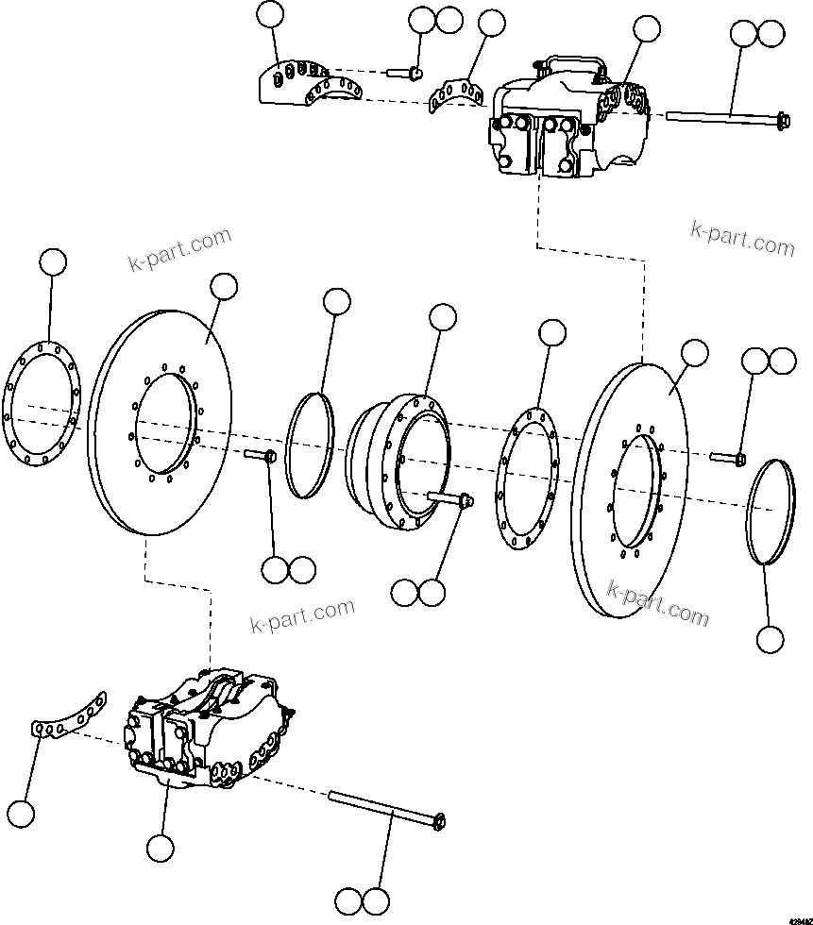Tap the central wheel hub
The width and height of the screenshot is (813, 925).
click(397, 462)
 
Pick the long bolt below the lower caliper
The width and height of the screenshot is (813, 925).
click(387, 811)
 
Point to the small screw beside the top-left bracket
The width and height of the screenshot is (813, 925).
click(404, 72)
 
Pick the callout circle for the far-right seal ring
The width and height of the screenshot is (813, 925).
click(770, 639)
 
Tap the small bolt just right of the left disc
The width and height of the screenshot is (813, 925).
click(261, 455)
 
